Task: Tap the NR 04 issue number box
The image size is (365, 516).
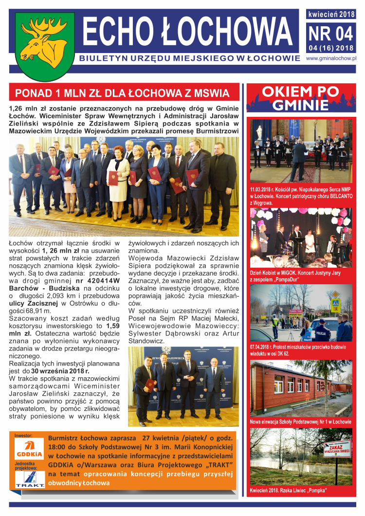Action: [330, 34]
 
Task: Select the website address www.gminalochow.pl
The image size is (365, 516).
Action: [331, 58]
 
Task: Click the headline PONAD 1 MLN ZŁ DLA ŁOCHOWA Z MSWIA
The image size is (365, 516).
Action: [122, 93]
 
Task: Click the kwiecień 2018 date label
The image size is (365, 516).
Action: [331, 14]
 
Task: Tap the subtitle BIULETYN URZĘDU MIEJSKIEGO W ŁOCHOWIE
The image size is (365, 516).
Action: [189, 59]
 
